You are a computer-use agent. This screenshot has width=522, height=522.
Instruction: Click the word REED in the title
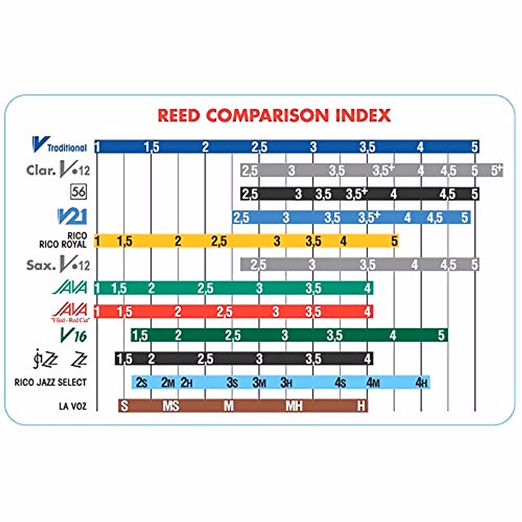pyautogui.click(x=179, y=116)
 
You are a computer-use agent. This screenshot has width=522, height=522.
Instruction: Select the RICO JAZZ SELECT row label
pyautogui.click(x=50, y=382)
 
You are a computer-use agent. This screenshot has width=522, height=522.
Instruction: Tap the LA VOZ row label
pyautogui.click(x=73, y=406)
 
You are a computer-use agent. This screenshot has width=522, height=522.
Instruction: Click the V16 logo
pyautogui.click(x=74, y=335)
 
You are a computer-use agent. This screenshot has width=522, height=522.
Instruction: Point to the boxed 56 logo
pyautogui.click(x=78, y=191)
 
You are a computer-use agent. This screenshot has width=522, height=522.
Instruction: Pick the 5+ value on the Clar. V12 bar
pyautogui.click(x=496, y=170)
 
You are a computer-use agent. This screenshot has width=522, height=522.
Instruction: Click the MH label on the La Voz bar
pyautogui.click(x=294, y=406)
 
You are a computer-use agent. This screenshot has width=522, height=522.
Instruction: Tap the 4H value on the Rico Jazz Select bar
pyautogui.click(x=422, y=383)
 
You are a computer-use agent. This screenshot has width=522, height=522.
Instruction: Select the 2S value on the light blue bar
pyautogui.click(x=141, y=383)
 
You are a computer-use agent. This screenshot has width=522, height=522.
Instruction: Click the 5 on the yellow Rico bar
pyautogui.click(x=394, y=241)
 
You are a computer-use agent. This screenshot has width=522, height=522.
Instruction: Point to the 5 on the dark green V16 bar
pyautogui.click(x=442, y=335)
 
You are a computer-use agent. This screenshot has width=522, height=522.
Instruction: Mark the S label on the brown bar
pyautogui.click(x=124, y=406)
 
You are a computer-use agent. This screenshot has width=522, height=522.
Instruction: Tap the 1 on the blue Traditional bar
pyautogui.click(x=97, y=147)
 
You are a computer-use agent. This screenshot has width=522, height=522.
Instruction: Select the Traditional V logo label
pyautogui.click(x=60, y=145)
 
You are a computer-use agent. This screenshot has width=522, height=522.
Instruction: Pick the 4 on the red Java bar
pyautogui.click(x=368, y=312)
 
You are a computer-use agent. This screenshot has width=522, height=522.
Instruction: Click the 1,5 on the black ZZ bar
pyautogui.click(x=124, y=359)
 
